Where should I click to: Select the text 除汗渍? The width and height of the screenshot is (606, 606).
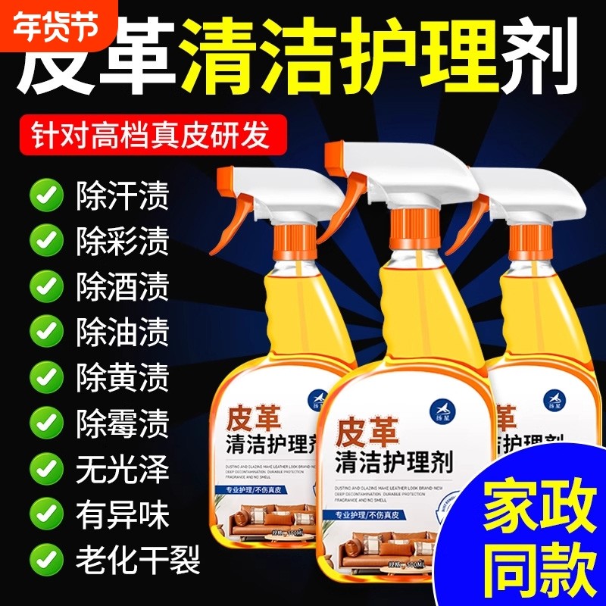pos(122,195)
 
